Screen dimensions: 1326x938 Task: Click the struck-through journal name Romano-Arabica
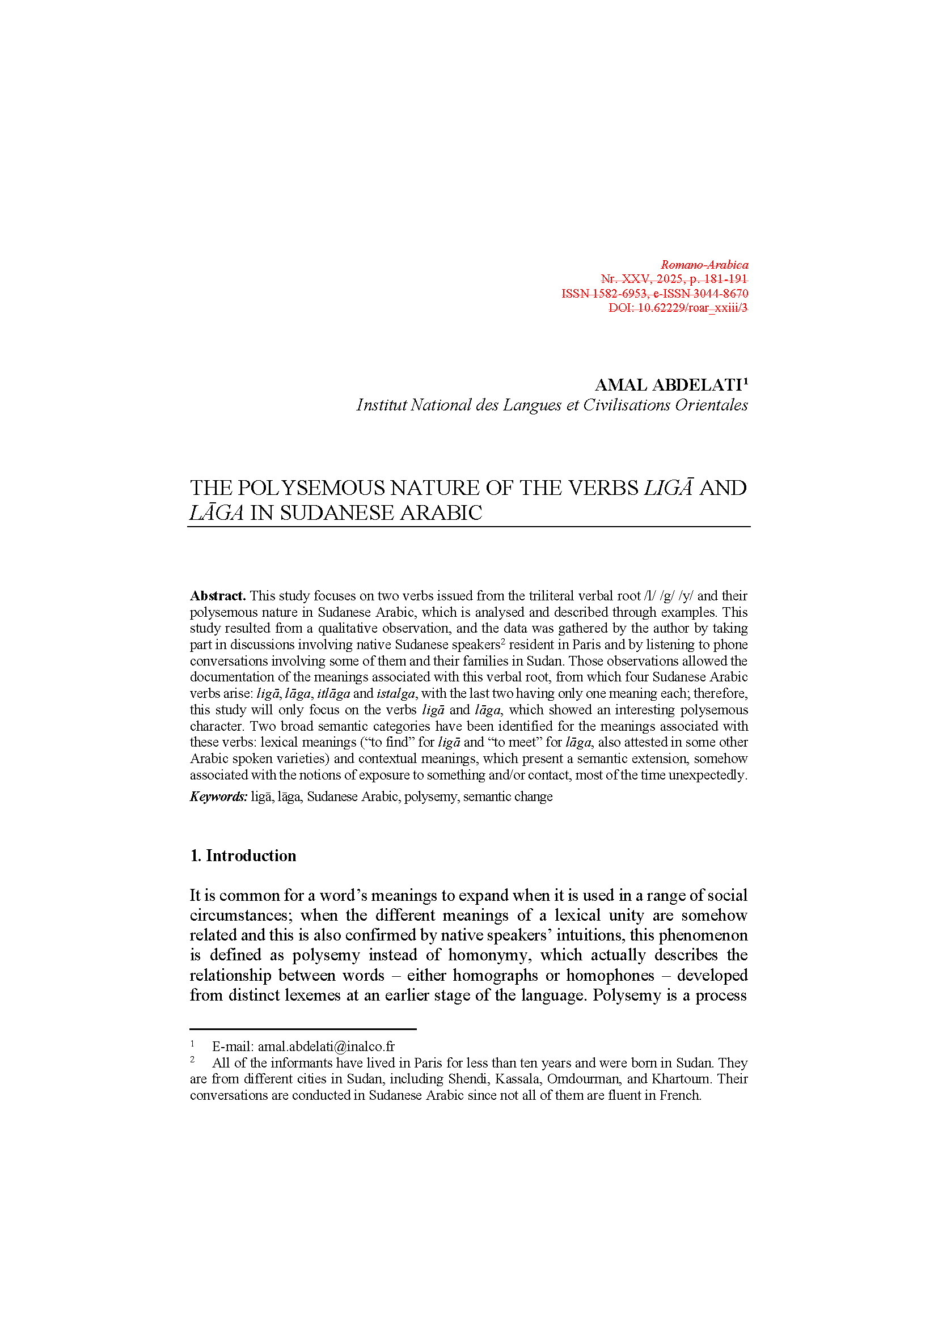pos(704,265)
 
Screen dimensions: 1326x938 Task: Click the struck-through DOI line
pos(678,308)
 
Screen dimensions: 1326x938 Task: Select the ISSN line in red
pos(654,294)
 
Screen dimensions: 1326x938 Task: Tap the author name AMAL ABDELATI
pos(667,384)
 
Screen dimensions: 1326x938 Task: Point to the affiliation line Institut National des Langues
pos(552,405)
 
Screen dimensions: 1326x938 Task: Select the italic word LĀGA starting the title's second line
pos(217,513)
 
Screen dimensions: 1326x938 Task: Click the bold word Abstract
pos(218,595)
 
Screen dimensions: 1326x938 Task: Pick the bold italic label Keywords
pos(218,797)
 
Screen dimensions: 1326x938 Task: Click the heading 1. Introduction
pos(243,855)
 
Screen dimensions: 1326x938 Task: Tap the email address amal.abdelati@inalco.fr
pos(326,1047)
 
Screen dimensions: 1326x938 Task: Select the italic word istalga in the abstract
pos(396,693)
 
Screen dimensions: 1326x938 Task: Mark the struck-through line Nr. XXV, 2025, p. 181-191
pos(674,279)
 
